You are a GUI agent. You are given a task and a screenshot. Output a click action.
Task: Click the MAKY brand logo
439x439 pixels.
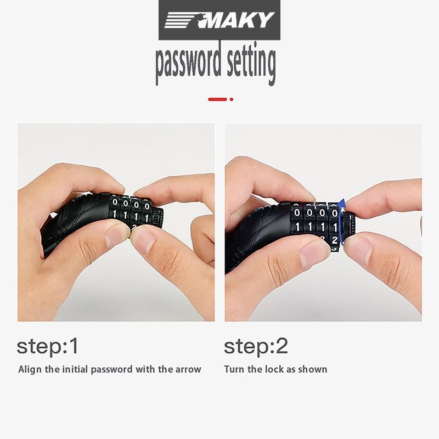click(219, 20)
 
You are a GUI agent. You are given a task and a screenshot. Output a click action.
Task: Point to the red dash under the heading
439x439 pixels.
click(217, 99)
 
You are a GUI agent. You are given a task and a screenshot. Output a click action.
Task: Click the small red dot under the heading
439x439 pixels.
click(231, 99)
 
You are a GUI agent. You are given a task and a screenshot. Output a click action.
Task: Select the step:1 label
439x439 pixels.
click(47, 347)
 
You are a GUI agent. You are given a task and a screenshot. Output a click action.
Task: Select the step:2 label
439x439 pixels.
click(256, 347)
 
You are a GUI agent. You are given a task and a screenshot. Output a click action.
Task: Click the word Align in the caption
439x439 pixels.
click(30, 369)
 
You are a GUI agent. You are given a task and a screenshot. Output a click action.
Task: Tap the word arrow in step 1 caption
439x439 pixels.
click(188, 370)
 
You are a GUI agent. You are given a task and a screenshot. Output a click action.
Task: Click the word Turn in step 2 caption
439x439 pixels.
click(234, 369)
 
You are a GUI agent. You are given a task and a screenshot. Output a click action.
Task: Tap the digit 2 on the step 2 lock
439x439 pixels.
click(335, 240)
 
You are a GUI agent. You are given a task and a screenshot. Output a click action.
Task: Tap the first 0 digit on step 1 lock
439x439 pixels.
click(115, 201)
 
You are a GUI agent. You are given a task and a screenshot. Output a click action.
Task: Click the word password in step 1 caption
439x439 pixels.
click(112, 370)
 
